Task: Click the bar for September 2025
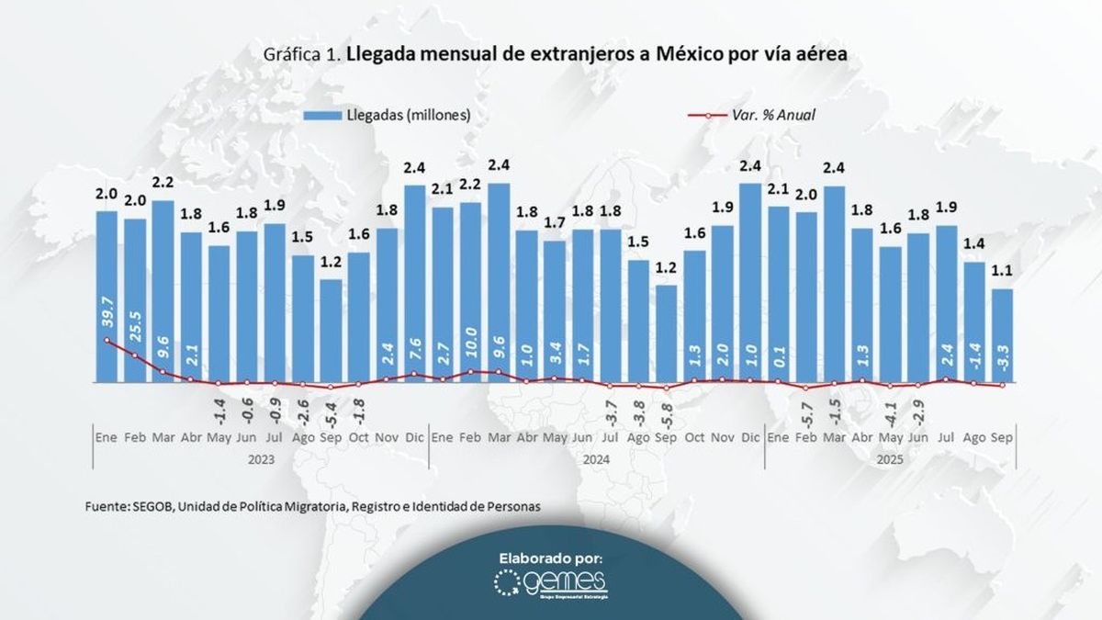[1002, 335]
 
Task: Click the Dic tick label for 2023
[414, 438]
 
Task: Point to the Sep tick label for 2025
[1002, 438]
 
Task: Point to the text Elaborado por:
[551, 558]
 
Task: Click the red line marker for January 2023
[107, 341]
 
